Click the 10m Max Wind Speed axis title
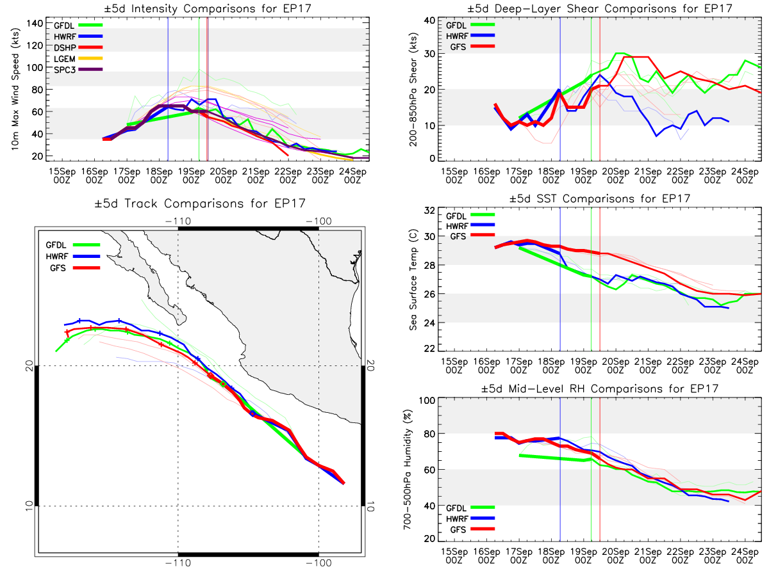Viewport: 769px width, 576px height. pos(14,90)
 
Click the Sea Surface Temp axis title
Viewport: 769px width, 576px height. pos(413,280)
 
